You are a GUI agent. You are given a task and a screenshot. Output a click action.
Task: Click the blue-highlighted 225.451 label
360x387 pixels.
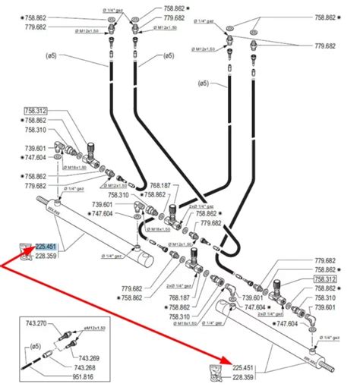click(x=46, y=245)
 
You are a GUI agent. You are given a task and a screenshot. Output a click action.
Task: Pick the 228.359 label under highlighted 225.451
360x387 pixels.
click(x=46, y=255)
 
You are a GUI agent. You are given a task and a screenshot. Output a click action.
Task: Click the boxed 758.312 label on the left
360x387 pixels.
click(x=36, y=111)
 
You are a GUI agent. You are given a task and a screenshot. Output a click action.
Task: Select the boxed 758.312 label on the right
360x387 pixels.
click(x=324, y=279)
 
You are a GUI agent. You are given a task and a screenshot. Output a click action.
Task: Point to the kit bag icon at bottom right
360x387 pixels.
click(x=216, y=373)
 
